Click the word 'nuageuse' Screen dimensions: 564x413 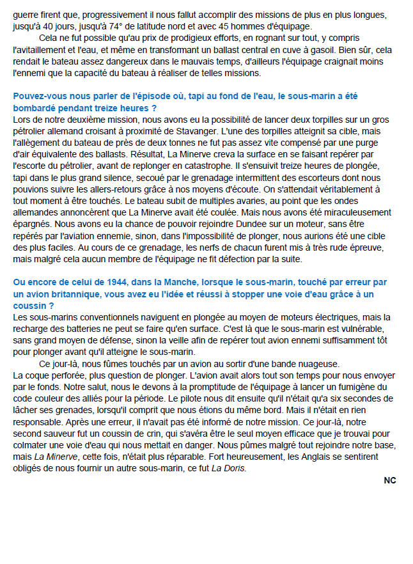(x=320, y=363)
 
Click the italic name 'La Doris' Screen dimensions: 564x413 (x=230, y=467)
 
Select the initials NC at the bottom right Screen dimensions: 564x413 (x=390, y=481)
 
